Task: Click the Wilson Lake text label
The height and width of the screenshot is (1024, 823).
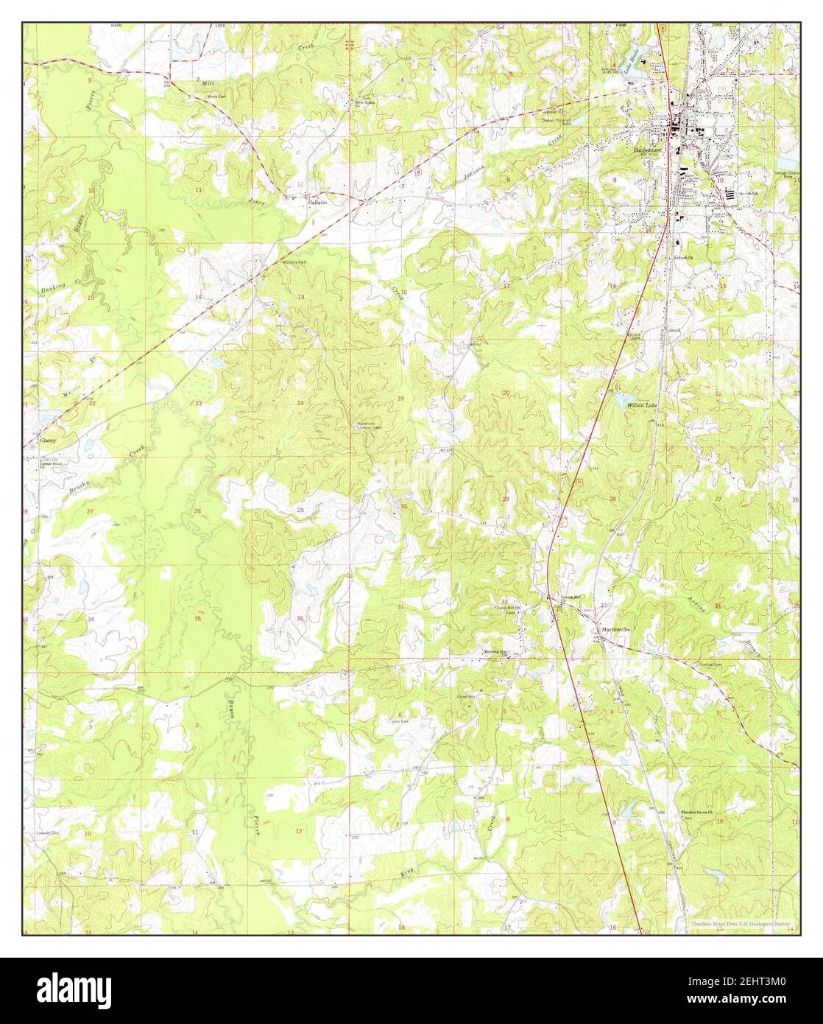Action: [640, 405]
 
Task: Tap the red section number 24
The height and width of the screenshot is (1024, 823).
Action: [300, 403]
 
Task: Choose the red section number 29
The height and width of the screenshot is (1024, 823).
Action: [505, 499]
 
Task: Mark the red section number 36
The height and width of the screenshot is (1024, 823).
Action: [300, 618]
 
